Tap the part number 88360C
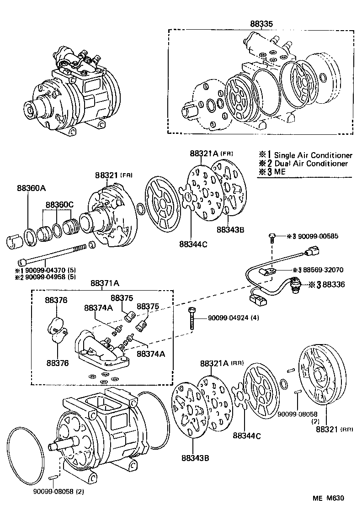59,205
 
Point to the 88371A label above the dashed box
104,283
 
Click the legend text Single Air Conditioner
313,155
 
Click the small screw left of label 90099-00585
272,237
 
